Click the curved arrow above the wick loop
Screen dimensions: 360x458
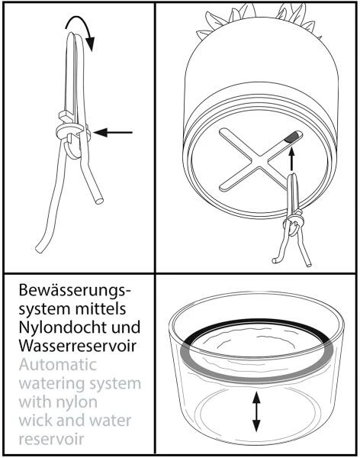pyautogui.click(x=79, y=21)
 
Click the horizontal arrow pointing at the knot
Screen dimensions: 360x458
pyautogui.click(x=113, y=133)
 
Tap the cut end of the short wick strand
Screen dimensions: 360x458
pyautogui.click(x=99, y=201)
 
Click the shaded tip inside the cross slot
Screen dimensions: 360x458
pyautogui.click(x=291, y=137)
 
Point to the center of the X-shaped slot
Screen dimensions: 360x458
pyautogui.click(x=260, y=160)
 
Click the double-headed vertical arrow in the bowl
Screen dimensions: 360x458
pyautogui.click(x=256, y=412)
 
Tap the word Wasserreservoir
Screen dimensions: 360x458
pyautogui.click(x=77, y=346)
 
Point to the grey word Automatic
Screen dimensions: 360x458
pyautogui.click(x=58, y=365)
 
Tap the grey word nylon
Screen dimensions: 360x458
pyautogui.click(x=77, y=403)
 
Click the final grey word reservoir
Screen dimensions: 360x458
pyautogui.click(x=51, y=440)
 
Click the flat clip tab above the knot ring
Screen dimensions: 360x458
pyautogui.click(x=66, y=116)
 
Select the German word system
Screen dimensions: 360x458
pyautogui.click(x=45, y=310)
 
